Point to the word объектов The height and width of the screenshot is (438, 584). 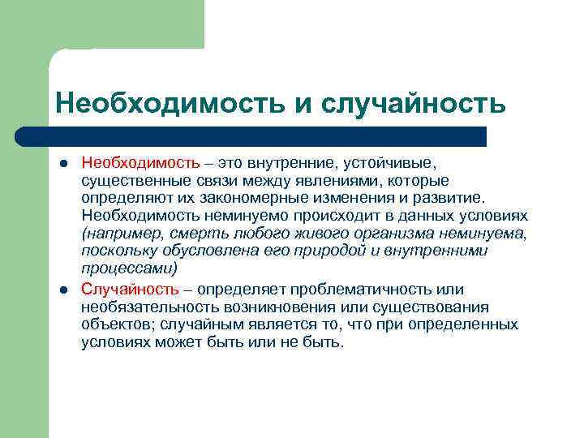pos(116,324)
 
